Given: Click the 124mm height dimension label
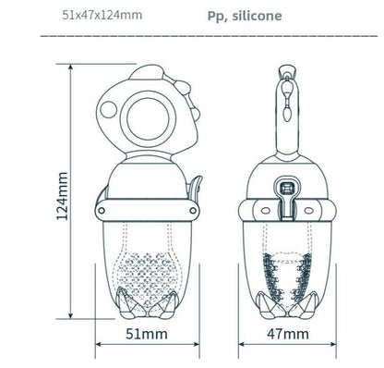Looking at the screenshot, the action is [x=62, y=196].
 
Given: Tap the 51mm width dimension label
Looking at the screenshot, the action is [x=147, y=334].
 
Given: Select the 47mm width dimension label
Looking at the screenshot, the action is [x=288, y=334].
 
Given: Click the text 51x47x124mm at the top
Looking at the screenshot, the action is [x=102, y=15].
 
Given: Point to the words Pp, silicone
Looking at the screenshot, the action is [x=245, y=16].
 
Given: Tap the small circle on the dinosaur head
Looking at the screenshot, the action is [x=108, y=109].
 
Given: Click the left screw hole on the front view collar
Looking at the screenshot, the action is [x=101, y=211].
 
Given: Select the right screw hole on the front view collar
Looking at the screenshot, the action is [x=193, y=211].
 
